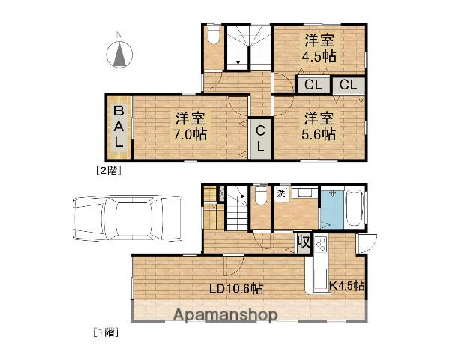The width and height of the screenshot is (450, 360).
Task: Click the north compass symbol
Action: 119,54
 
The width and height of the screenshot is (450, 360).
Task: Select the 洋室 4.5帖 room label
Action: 319,48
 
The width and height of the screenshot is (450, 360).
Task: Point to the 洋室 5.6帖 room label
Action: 319,126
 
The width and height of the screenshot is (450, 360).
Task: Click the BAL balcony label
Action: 118,127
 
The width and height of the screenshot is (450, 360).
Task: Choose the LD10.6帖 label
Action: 235,288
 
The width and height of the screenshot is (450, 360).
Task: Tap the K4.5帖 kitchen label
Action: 347,285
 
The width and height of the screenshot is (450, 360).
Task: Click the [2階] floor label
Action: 107,170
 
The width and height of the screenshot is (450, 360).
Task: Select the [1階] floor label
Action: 106,331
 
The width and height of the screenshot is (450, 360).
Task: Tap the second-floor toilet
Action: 214,36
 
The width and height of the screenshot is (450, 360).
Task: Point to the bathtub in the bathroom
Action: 353,208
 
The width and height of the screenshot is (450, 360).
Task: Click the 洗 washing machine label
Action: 281,194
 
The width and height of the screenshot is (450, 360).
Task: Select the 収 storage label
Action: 303,243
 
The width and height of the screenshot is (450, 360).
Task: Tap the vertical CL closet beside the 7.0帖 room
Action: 260,138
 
